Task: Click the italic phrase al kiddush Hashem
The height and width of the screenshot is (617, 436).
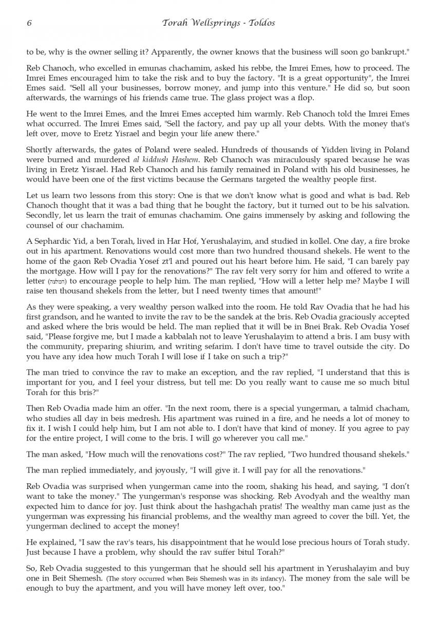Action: [x=148, y=159]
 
